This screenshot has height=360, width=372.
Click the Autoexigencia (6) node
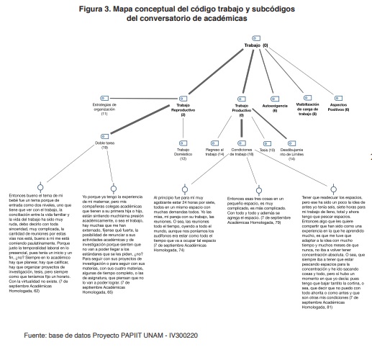point(275,108)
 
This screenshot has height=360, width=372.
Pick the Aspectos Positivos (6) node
point(337,108)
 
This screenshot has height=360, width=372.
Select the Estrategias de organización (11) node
point(104,109)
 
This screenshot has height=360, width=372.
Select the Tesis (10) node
point(267,150)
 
